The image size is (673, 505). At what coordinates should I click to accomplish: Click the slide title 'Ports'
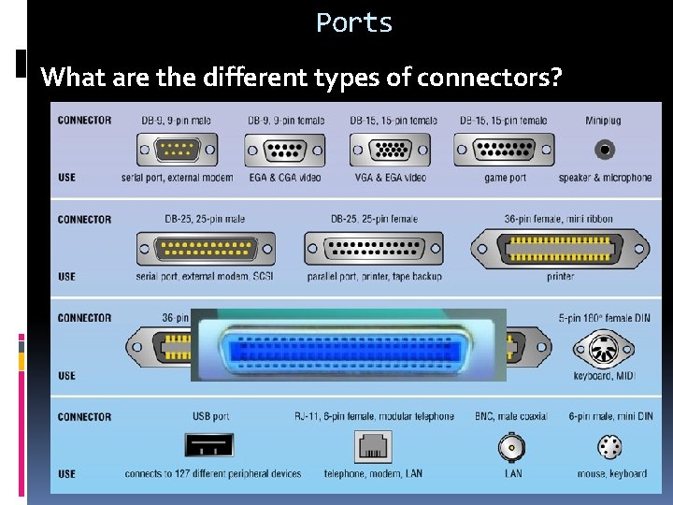(x=354, y=22)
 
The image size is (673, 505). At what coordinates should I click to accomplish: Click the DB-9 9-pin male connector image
(x=177, y=150)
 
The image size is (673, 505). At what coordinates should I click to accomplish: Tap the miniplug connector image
(x=605, y=150)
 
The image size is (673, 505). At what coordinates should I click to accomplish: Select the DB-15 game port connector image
(x=504, y=150)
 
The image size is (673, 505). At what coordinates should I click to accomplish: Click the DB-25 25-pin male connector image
(x=206, y=249)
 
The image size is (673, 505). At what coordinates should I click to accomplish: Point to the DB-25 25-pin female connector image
(x=374, y=249)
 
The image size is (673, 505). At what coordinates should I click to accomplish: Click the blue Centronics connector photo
(x=348, y=345)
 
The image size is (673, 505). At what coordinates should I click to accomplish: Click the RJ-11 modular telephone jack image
(x=372, y=447)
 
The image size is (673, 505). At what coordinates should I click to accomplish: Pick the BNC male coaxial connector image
(x=511, y=447)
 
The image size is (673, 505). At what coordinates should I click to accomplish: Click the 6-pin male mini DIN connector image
(x=609, y=447)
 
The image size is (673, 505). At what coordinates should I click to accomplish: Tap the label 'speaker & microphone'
(x=605, y=178)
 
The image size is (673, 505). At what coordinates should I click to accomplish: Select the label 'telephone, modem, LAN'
(x=373, y=473)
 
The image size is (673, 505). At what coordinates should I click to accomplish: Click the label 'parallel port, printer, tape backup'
(x=374, y=277)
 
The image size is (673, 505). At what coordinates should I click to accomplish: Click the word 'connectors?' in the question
(x=490, y=77)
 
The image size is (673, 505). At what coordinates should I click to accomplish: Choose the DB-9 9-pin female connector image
(x=285, y=150)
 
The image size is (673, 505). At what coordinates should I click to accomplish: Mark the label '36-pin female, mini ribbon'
(x=559, y=219)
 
